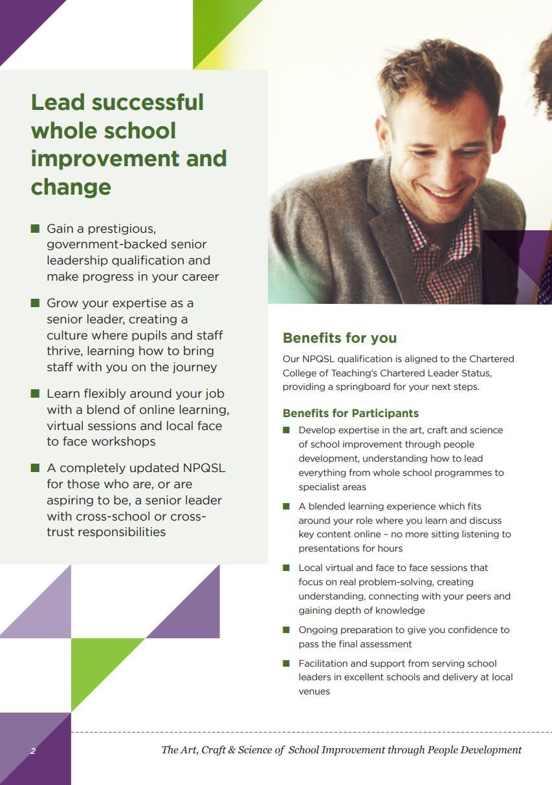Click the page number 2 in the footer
(32, 751)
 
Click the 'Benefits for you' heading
(340, 338)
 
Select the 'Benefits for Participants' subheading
(351, 413)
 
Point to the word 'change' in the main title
(71, 187)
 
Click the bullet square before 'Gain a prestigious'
(35, 228)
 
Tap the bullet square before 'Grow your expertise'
(35, 303)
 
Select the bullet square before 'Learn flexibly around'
(35, 393)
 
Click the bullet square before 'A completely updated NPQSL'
(35, 468)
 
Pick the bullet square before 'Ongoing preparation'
(286, 629)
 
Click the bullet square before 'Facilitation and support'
(286, 663)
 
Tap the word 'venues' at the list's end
(314, 691)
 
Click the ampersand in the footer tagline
(232, 750)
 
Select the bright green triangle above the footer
(97, 663)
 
